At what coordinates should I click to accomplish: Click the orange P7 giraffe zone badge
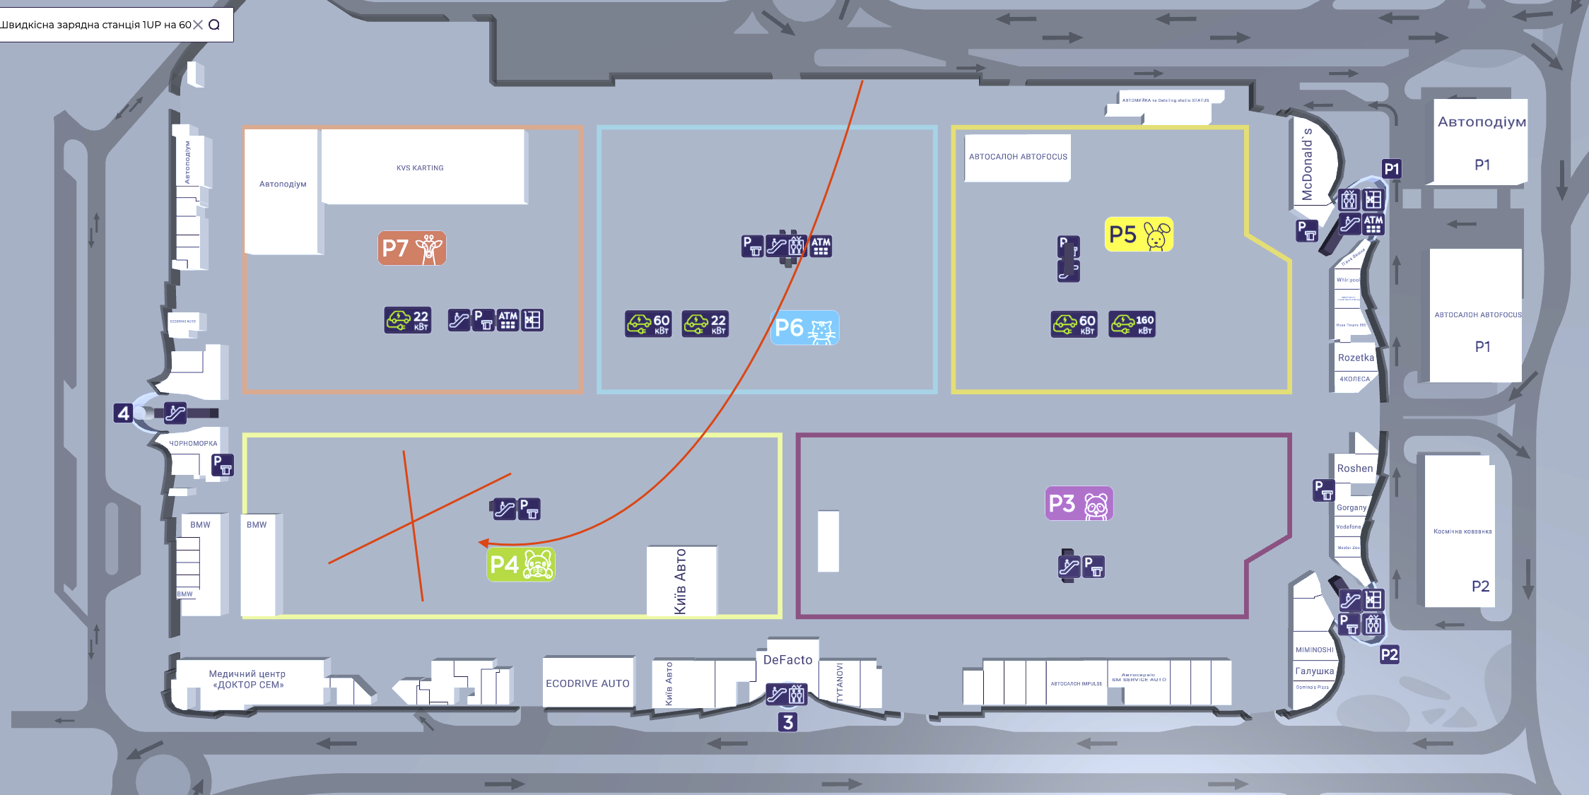click(x=412, y=248)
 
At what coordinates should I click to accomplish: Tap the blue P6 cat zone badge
click(x=805, y=328)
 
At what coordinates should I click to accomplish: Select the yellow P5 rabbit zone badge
click(x=1139, y=235)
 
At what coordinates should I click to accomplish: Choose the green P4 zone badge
click(x=521, y=565)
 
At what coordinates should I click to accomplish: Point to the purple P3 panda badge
click(x=1079, y=504)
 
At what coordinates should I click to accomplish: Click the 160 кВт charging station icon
click(x=1132, y=324)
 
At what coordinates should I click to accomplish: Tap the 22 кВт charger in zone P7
click(x=408, y=320)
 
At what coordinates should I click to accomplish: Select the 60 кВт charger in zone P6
click(x=648, y=324)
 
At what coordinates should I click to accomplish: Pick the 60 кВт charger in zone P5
click(x=1074, y=324)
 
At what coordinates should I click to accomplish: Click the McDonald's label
click(x=1307, y=164)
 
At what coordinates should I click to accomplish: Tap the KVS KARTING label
click(x=420, y=168)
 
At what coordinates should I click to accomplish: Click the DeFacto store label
click(x=787, y=660)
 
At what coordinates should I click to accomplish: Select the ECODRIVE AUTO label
click(x=587, y=683)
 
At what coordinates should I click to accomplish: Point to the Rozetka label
click(x=1356, y=358)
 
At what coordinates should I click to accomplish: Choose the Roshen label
click(x=1354, y=469)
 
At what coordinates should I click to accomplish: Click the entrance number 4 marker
click(x=124, y=413)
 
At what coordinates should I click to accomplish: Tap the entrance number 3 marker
click(x=787, y=722)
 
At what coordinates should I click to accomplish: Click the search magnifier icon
click(x=214, y=25)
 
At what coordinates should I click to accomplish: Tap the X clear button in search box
click(x=198, y=25)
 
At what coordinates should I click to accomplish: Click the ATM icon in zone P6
click(x=821, y=246)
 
